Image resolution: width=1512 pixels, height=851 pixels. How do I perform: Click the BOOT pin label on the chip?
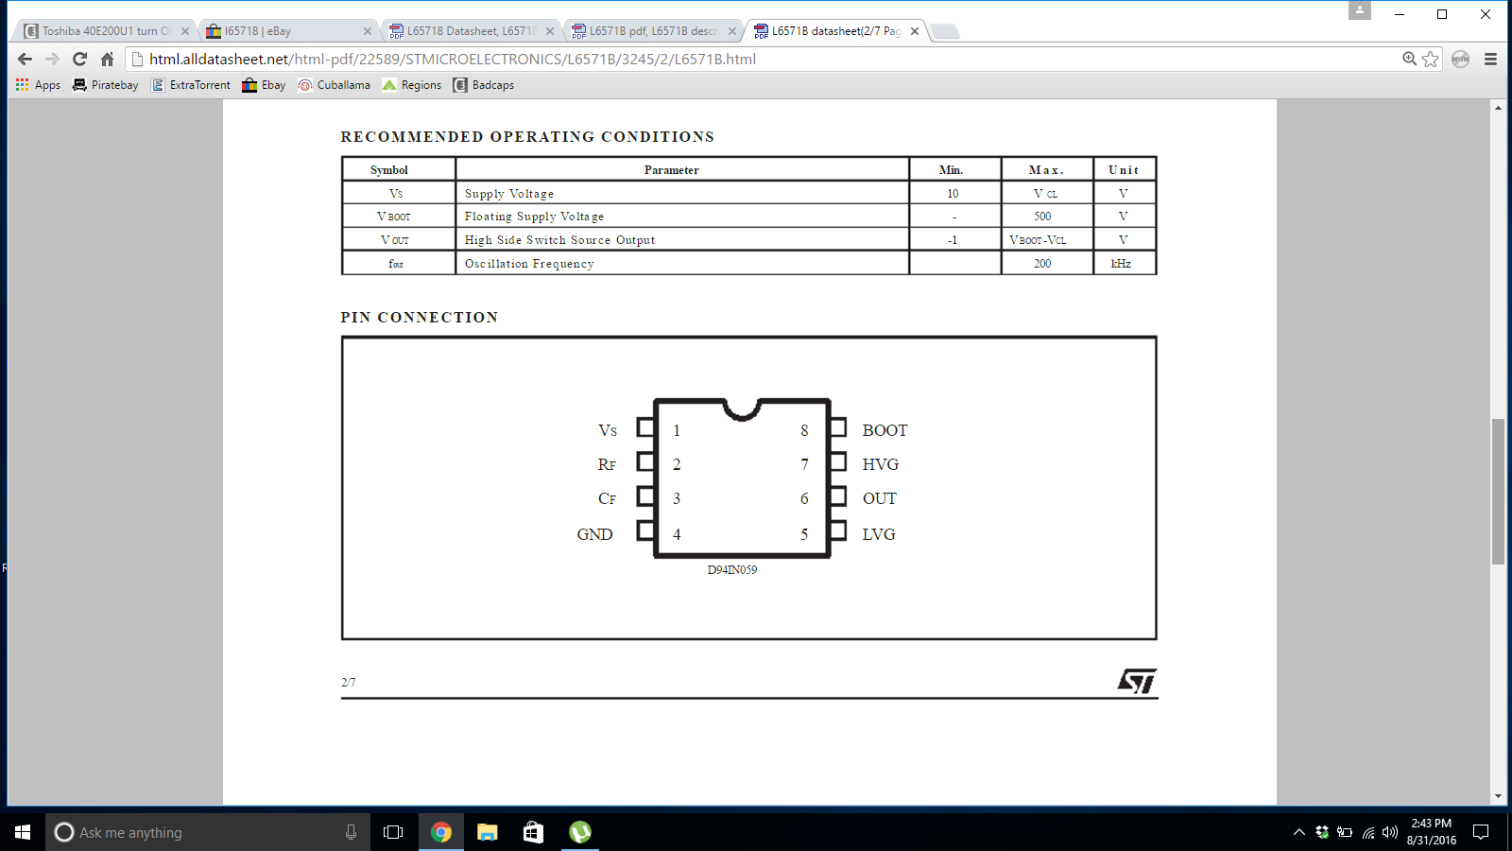click(x=885, y=430)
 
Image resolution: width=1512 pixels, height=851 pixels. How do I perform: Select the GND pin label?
click(x=594, y=534)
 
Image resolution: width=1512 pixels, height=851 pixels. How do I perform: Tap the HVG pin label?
click(x=880, y=464)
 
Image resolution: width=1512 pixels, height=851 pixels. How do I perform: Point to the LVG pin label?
click(x=879, y=534)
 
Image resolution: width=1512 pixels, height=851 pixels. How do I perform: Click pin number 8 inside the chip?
click(x=804, y=430)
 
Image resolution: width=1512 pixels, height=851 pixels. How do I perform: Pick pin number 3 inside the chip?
click(x=677, y=498)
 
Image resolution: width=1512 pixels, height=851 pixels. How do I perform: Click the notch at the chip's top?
click(x=742, y=410)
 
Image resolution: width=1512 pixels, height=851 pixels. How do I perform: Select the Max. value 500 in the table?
click(x=1042, y=217)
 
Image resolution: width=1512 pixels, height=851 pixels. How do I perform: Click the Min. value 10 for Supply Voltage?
click(x=953, y=194)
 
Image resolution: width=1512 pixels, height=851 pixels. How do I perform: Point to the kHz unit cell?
click(x=1121, y=264)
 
